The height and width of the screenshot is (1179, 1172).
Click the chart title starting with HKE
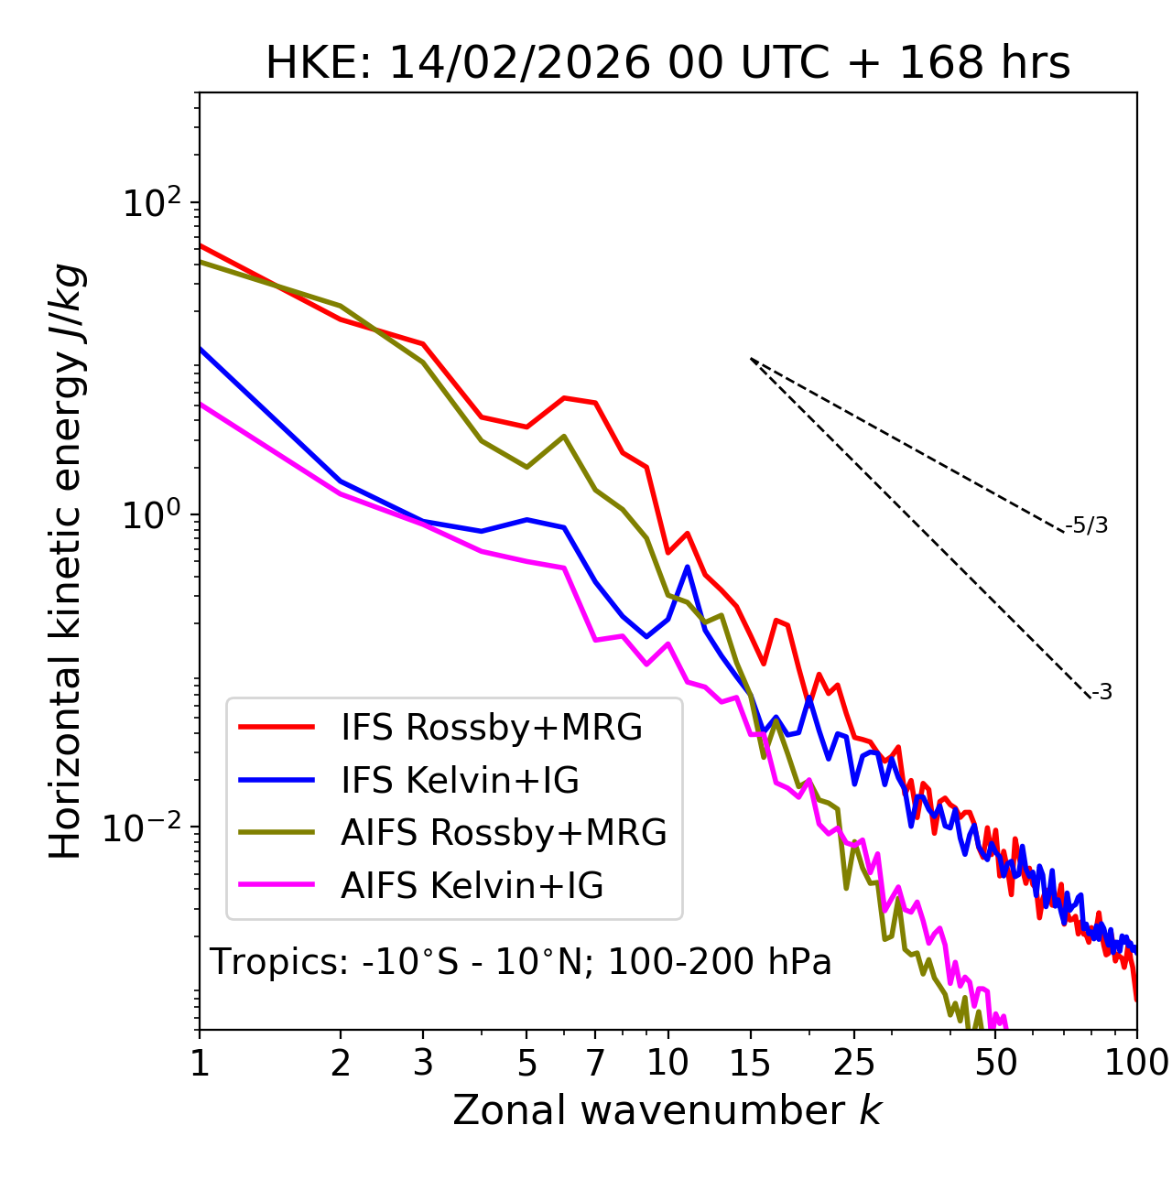point(667,64)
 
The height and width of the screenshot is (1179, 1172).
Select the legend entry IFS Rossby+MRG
point(492,728)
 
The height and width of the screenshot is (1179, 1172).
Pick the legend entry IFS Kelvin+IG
point(460,781)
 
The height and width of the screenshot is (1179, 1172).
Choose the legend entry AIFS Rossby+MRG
point(504,833)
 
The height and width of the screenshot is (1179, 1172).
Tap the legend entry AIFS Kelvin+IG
point(472,886)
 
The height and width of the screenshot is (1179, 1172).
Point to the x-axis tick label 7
point(595,1063)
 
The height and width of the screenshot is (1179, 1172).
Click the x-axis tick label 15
point(751,1063)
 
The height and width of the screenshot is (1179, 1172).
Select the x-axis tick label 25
point(854,1063)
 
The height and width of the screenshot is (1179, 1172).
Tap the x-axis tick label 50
point(996,1063)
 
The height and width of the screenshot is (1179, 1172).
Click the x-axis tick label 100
point(1136,1063)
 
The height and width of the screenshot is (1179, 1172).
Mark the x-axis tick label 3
point(423,1063)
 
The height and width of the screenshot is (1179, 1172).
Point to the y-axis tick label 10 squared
point(152,203)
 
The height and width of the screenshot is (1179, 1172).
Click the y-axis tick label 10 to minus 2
point(146,827)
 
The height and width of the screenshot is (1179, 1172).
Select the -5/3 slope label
point(1087,526)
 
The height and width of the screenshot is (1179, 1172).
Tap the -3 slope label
point(1101,693)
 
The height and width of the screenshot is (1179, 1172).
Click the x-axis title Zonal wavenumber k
point(667,1111)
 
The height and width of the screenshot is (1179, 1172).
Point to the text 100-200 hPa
point(720,963)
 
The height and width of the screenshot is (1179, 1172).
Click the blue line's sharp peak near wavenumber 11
point(688,568)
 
